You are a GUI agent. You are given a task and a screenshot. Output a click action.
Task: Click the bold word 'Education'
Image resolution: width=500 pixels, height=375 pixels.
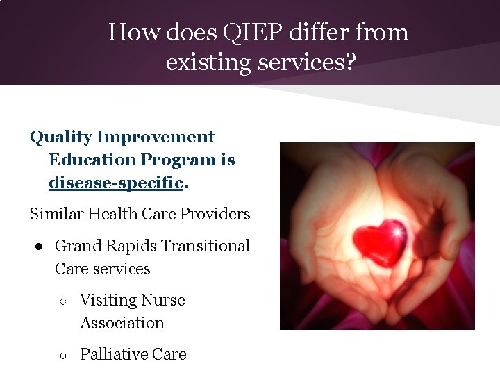tap(92, 160)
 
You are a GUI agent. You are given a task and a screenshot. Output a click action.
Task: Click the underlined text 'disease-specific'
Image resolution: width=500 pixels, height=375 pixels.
tap(116, 183)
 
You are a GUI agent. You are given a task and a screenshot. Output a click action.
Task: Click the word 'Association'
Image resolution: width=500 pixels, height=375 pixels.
tap(122, 323)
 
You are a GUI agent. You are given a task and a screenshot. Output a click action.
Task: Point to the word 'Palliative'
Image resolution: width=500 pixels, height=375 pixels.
tap(114, 354)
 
